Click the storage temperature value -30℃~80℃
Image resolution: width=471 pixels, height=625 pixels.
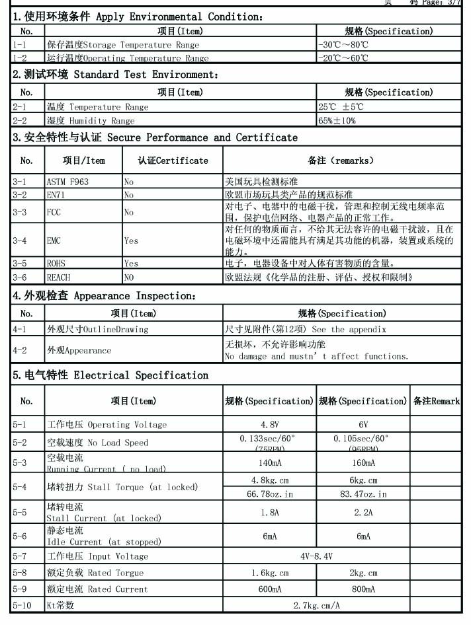point(343,45)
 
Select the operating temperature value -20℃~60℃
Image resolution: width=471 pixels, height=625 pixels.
point(343,58)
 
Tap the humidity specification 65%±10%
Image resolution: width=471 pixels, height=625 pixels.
point(337,121)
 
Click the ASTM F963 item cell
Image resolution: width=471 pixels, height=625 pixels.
point(67,182)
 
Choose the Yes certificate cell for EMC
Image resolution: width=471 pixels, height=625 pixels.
point(132,241)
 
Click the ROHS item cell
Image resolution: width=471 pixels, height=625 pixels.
point(56,264)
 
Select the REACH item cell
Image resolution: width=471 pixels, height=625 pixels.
point(58,277)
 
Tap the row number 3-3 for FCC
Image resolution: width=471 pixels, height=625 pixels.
point(20,213)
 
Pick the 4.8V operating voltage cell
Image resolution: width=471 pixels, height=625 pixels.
point(269,424)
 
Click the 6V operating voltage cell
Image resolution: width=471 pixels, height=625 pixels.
point(363,424)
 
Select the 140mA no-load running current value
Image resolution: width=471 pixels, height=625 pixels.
point(269,463)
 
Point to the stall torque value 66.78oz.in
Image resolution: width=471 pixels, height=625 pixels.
point(269,494)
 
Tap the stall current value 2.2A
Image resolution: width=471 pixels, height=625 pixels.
point(363,512)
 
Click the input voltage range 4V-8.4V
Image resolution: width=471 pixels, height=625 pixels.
point(316,556)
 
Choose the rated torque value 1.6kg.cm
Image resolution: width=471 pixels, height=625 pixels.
point(269,573)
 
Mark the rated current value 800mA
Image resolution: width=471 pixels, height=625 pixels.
point(363,589)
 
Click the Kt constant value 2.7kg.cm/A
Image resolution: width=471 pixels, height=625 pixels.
point(316,605)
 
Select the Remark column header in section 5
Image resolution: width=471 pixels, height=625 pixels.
point(436,401)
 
